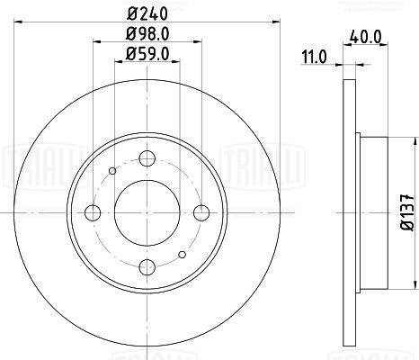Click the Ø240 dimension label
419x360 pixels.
pos(147,13)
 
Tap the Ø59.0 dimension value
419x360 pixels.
pos(147,54)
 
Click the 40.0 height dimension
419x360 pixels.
pos(363,39)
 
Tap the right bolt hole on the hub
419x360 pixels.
pos(201,212)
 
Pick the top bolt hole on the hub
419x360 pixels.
pos(147,158)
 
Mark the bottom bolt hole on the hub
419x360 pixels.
pos(147,267)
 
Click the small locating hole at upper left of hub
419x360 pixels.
pos(111,170)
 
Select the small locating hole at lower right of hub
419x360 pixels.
pos(183,255)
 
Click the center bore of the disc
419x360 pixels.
pos(147,212)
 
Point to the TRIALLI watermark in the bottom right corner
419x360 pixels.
pos(396,354)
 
